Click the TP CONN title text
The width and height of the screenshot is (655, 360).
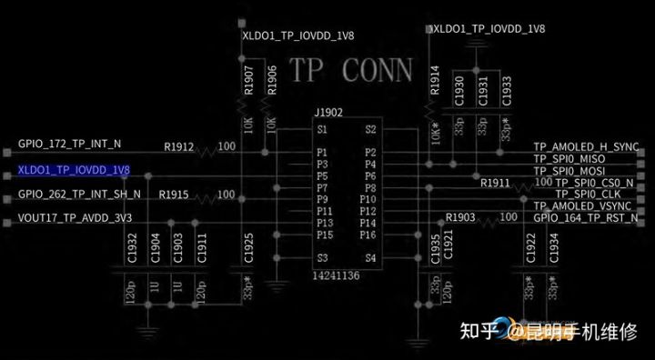tap(350, 70)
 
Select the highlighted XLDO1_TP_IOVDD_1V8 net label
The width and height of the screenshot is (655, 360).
tap(74, 170)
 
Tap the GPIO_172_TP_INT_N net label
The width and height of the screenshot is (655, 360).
tap(69, 145)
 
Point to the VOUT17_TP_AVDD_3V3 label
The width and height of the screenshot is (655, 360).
tap(75, 219)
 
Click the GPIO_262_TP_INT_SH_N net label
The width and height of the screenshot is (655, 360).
tap(79, 195)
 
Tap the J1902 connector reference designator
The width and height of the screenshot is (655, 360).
tap(327, 113)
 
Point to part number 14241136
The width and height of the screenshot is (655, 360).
tap(338, 274)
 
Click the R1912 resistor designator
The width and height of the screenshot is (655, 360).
tap(178, 145)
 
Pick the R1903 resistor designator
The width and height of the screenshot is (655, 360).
tap(461, 217)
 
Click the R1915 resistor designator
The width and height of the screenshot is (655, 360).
tap(173, 195)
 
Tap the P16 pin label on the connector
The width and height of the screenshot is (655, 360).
tap(368, 235)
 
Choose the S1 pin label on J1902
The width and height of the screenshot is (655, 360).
tap(322, 129)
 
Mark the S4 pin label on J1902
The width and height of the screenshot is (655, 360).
tap(369, 258)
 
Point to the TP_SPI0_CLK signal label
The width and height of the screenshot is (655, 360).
tap(592, 195)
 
